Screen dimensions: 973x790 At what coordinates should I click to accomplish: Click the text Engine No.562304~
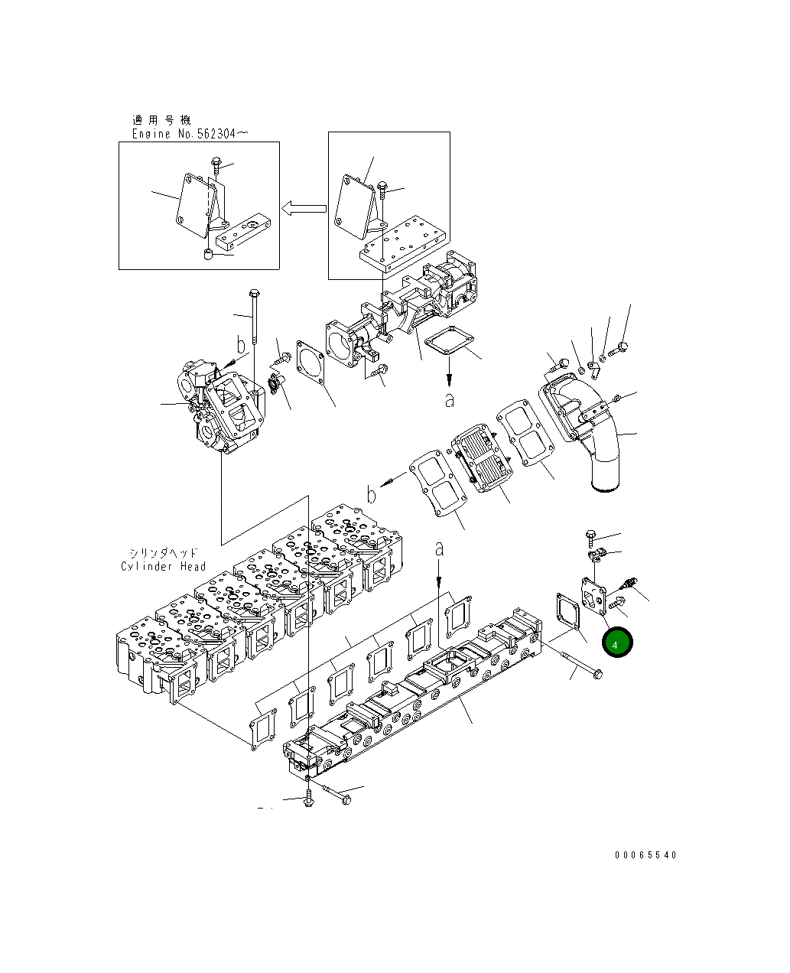point(190,134)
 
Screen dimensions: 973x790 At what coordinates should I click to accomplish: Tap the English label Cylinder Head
point(164,566)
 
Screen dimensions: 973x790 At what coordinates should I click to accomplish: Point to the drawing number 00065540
point(645,855)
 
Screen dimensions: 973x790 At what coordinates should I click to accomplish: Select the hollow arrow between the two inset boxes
point(304,207)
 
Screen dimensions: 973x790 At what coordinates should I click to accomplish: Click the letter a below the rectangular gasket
point(449,399)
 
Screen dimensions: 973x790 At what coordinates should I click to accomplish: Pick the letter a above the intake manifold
point(439,548)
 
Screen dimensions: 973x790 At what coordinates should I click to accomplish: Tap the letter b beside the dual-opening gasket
point(371,495)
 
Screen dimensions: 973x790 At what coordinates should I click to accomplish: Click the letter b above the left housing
point(241,346)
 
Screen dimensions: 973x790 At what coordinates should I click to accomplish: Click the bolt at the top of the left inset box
point(216,164)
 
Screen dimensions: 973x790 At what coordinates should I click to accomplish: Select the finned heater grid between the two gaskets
point(481,459)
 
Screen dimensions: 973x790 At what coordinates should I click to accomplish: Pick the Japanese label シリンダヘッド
point(163,552)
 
